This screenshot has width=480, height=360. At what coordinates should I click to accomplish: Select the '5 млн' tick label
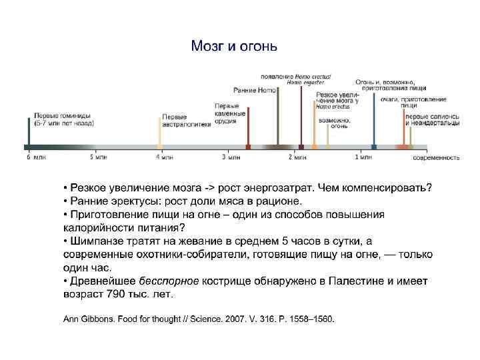pos(98,157)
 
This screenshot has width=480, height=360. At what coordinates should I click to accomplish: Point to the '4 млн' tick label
pos(165,157)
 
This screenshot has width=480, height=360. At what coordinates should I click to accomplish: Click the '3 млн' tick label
pos(231,157)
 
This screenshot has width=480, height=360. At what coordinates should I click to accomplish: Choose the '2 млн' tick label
pos(297,157)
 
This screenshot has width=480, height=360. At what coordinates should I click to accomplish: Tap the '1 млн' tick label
pos(363,157)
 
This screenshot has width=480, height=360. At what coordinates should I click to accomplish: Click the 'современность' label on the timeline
pos(436,158)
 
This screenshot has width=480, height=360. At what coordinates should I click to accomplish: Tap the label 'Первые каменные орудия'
pos(230,114)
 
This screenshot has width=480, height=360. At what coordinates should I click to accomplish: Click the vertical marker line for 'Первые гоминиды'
pos(28,132)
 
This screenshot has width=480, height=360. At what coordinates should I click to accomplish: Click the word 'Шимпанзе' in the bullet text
pos(95,240)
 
